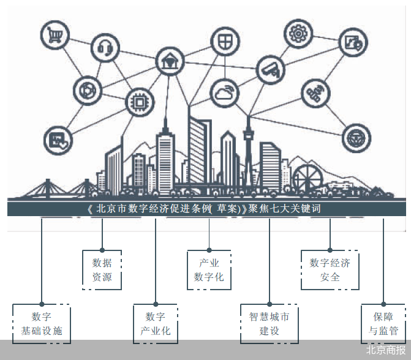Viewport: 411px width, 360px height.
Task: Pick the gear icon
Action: coord(300,32)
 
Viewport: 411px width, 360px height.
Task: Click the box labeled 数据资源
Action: coord(102,270)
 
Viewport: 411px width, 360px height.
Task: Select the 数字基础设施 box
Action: coord(42,324)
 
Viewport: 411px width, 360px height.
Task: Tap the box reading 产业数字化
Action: coord(209,269)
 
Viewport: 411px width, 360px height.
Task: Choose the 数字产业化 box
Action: coord(156,324)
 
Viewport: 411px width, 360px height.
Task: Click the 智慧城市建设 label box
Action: coord(269,324)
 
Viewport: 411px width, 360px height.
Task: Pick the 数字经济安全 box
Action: coord(330,269)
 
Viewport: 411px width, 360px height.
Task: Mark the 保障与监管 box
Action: coord(383,324)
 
